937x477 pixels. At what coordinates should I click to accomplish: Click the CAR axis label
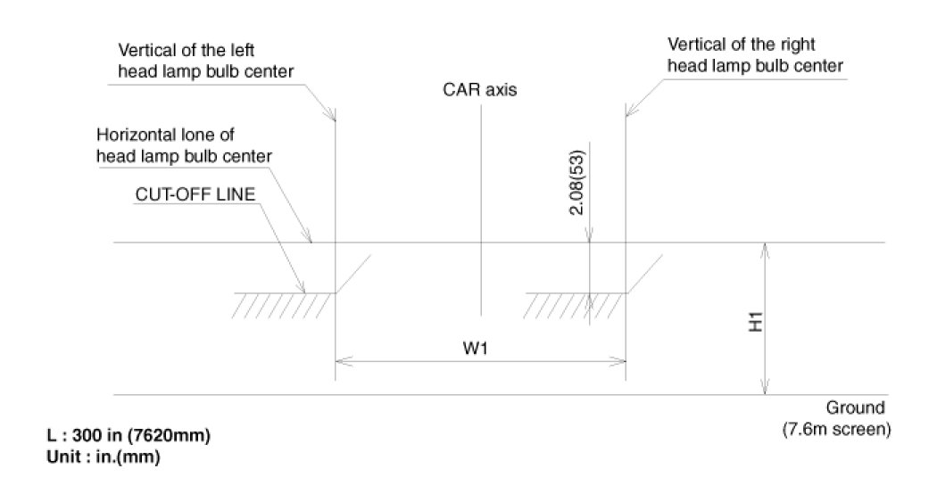pos(479,90)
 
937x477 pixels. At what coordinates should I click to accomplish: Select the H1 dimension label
pos(755,322)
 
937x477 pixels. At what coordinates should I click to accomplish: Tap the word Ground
pos(855,408)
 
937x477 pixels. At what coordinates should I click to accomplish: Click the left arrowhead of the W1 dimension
pos(340,362)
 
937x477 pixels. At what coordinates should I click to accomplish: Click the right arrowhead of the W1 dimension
pos(620,362)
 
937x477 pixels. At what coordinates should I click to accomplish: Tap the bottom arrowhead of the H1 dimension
pos(765,388)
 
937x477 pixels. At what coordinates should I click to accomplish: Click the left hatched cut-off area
pos(283,305)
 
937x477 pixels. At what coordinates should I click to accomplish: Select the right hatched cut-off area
pos(575,305)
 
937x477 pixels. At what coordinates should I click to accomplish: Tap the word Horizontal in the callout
pos(132,136)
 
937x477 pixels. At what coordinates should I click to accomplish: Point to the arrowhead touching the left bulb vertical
pos(332,115)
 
